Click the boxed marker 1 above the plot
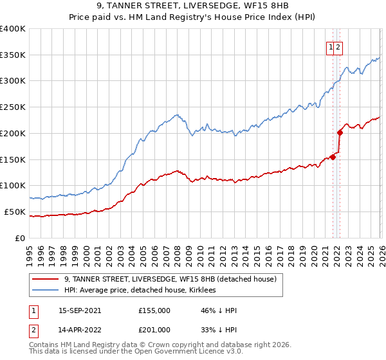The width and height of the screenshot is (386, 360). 331,46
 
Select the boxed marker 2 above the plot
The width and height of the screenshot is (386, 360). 338,46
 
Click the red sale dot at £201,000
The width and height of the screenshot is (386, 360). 340,132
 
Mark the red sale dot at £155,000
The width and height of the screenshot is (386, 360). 333,156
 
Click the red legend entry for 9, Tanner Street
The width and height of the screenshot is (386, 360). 170,279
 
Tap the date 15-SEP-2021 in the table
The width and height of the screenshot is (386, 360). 79,310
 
